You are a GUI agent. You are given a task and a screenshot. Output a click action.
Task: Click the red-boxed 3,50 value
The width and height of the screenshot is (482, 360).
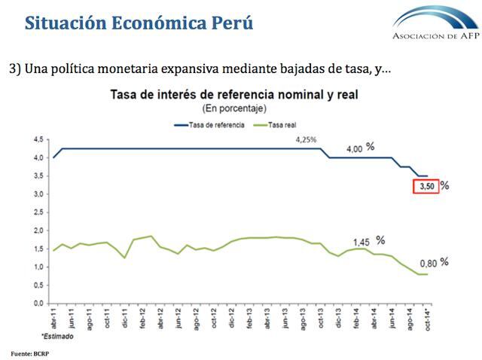[426, 187]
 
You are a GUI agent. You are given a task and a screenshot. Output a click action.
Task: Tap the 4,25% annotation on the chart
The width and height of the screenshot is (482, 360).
[307, 140]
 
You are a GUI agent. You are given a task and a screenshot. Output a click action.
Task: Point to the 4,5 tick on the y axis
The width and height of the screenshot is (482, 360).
[38, 139]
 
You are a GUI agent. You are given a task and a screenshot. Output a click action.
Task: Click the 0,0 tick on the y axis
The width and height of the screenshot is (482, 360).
[38, 303]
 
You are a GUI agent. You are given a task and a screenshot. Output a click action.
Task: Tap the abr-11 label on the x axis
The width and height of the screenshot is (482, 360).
[54, 316]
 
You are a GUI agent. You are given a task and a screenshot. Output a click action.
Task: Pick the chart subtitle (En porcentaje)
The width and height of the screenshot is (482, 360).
[233, 108]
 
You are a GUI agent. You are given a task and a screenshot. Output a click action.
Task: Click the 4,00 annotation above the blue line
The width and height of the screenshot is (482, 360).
[355, 149]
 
